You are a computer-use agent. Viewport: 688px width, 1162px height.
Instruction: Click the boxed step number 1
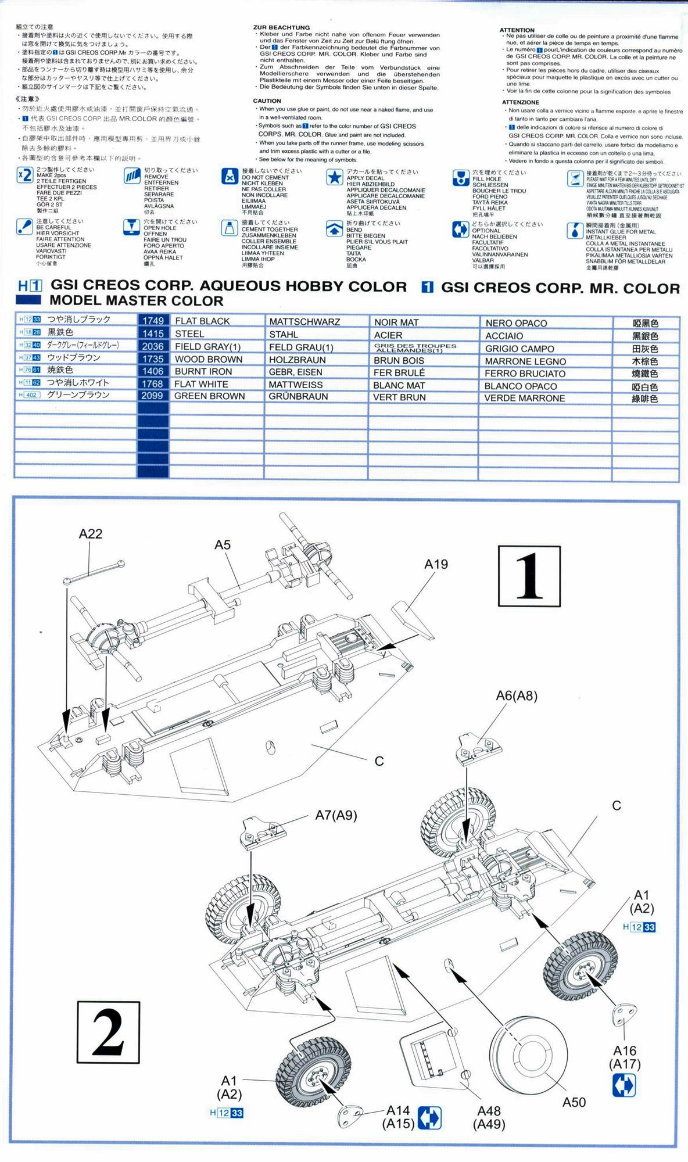click(x=529, y=576)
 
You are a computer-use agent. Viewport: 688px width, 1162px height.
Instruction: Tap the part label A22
click(x=91, y=534)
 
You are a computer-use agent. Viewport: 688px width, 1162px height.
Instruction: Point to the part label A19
click(x=436, y=564)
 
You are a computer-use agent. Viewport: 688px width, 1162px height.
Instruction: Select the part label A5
click(x=223, y=545)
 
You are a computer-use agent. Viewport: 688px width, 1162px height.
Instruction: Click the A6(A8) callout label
click(x=516, y=696)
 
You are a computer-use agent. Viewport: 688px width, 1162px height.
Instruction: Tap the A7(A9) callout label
click(x=336, y=816)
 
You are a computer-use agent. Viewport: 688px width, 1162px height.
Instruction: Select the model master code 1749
click(x=153, y=321)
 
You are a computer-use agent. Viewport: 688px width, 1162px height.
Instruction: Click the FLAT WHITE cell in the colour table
click(x=201, y=384)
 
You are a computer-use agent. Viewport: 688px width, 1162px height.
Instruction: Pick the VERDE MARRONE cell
click(x=524, y=398)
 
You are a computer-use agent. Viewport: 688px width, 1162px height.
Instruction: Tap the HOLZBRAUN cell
click(x=297, y=360)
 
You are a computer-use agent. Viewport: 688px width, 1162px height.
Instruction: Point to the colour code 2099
click(x=152, y=396)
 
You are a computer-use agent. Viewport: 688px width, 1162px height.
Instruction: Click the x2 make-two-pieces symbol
click(x=24, y=175)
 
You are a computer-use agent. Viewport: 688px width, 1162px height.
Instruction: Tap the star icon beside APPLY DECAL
click(x=334, y=177)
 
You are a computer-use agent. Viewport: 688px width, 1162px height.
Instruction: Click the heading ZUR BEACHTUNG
click(x=281, y=27)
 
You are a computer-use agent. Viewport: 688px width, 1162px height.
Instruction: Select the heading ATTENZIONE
click(x=521, y=102)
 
